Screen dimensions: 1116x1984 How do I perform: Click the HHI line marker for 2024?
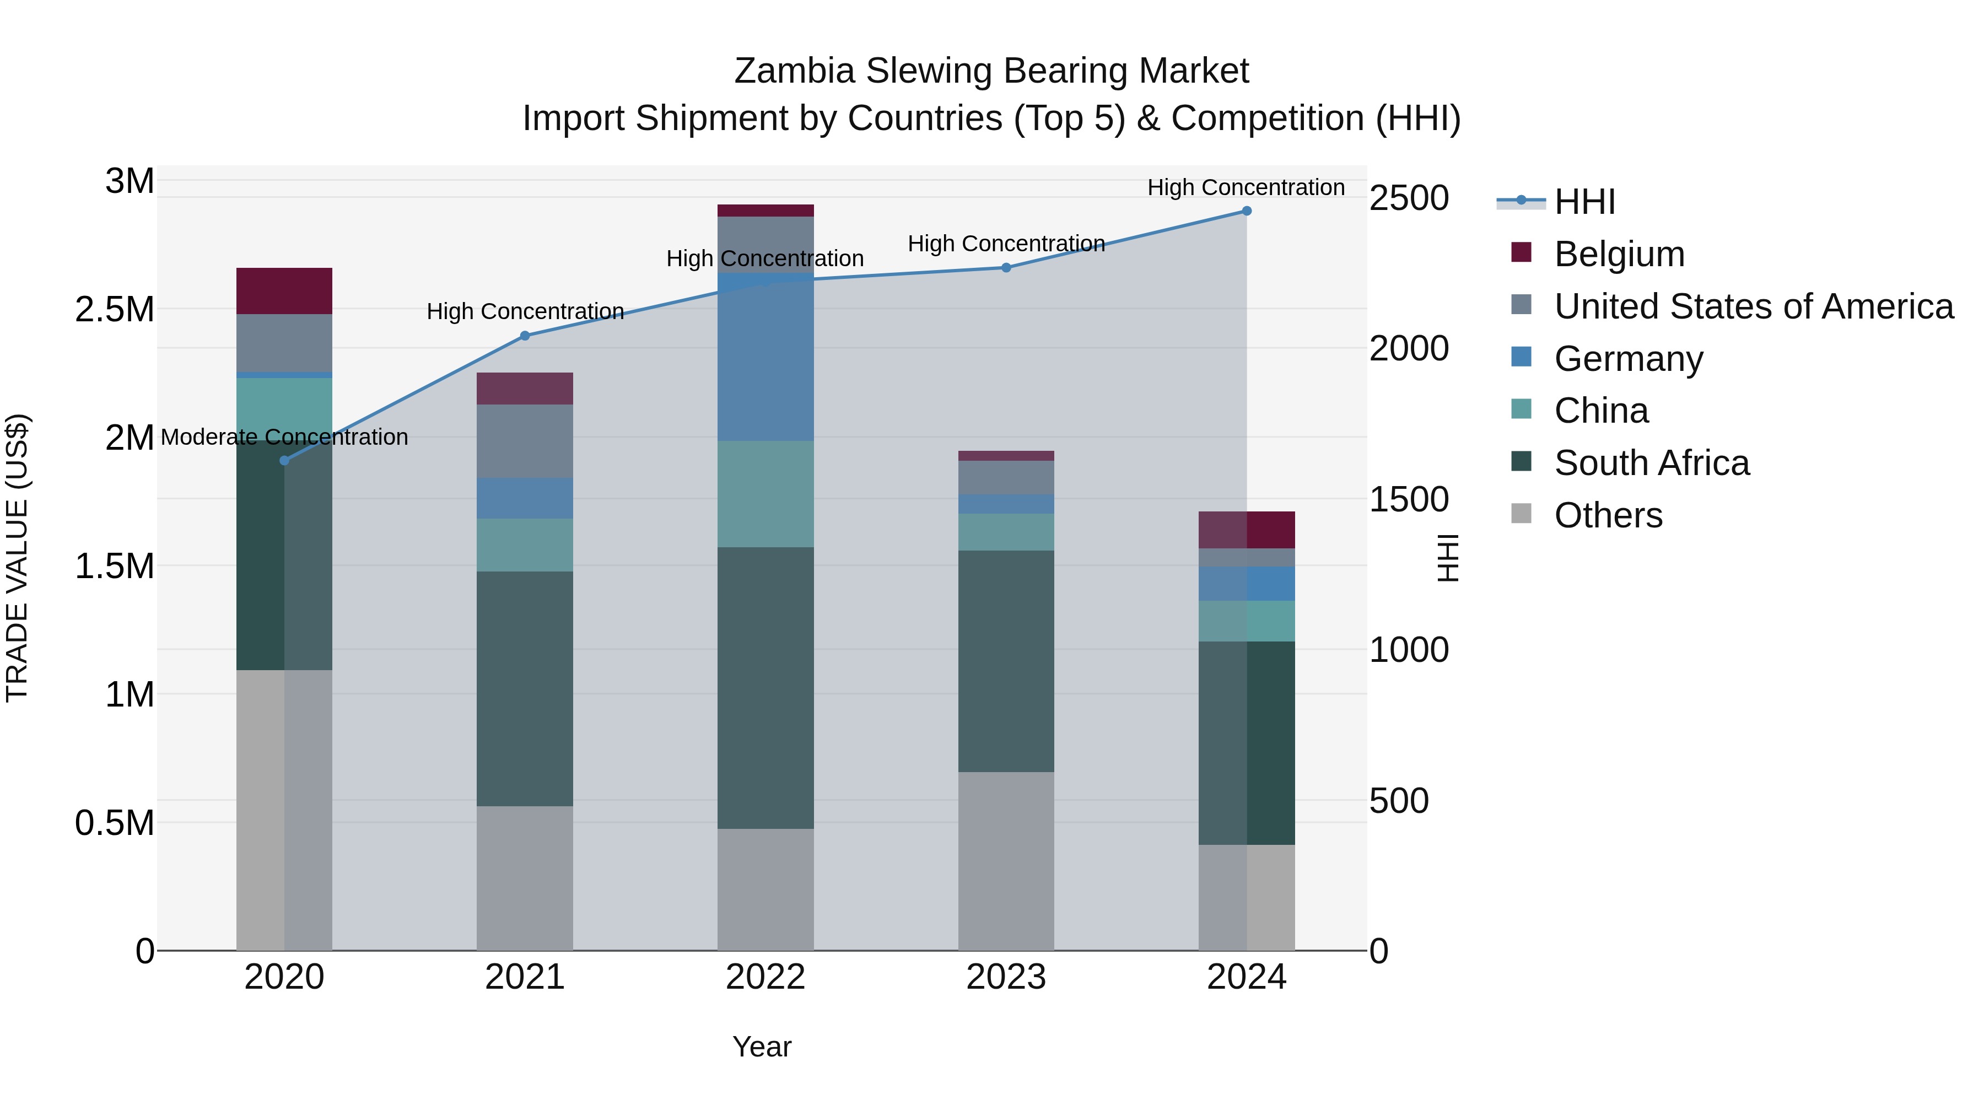coord(1246,211)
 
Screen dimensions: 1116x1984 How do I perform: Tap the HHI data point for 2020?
coord(284,461)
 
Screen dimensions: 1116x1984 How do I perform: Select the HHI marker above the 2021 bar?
coord(525,336)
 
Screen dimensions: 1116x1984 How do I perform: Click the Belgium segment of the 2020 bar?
coord(284,291)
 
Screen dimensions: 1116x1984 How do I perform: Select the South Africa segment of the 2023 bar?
coord(1006,661)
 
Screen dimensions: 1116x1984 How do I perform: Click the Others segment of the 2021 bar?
coord(525,878)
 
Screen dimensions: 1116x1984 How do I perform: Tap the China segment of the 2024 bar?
coord(1246,621)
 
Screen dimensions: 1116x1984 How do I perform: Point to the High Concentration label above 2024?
coord(1246,187)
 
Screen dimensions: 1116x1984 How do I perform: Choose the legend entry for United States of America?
coord(1754,306)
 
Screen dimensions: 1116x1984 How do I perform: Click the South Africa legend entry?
coord(1651,463)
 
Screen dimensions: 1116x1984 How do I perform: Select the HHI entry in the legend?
coord(1584,202)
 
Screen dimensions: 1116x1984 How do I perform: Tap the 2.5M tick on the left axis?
coord(114,310)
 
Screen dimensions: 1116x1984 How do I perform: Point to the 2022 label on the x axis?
coord(765,977)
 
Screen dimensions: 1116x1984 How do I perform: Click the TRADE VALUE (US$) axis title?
coord(17,558)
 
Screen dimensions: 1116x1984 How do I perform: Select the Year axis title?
coord(762,1047)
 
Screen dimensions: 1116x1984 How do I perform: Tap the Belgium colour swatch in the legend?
coord(1521,252)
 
